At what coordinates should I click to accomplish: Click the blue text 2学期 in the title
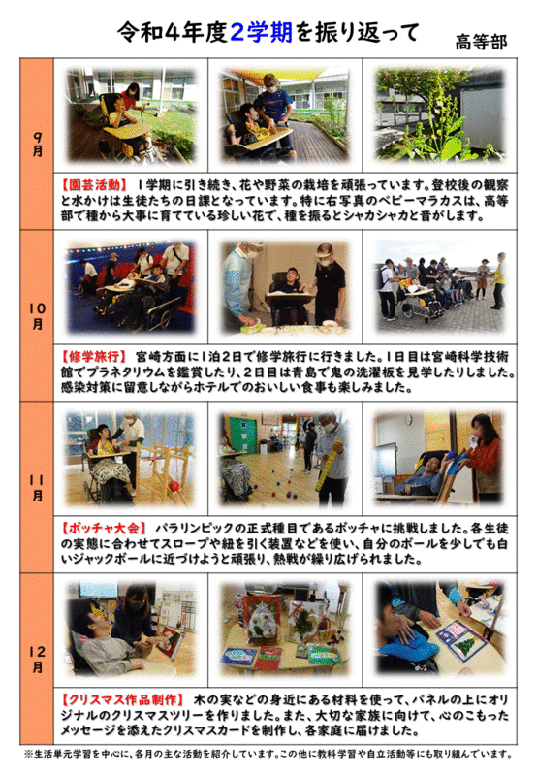click(x=262, y=34)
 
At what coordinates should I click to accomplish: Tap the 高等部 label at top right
click(x=481, y=42)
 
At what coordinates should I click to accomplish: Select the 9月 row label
click(x=38, y=145)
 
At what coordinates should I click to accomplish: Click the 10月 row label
click(x=38, y=316)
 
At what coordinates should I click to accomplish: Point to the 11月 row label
click(x=38, y=488)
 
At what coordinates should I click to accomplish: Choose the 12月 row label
click(x=38, y=660)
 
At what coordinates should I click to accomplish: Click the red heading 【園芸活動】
click(x=93, y=185)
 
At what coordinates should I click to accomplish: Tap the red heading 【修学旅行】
click(x=93, y=356)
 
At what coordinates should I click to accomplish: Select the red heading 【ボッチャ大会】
click(x=104, y=528)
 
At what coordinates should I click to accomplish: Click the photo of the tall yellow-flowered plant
click(x=440, y=114)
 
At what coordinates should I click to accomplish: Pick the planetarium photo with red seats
click(x=131, y=287)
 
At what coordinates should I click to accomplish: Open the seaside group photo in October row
click(x=440, y=287)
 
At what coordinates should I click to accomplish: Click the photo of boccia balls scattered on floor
click(x=285, y=458)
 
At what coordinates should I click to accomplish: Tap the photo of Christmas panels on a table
click(x=285, y=630)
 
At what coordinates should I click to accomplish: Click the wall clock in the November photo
click(x=408, y=420)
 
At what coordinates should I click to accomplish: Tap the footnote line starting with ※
click(x=268, y=755)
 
